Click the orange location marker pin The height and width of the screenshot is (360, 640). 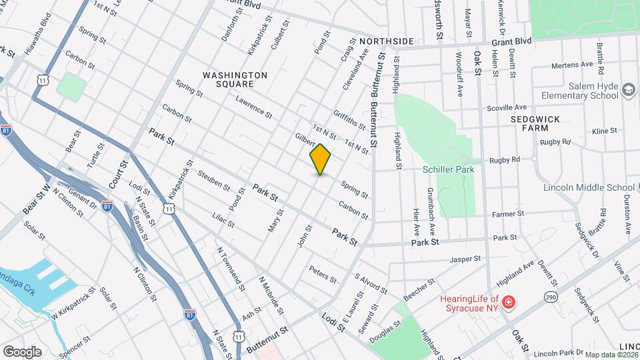321,159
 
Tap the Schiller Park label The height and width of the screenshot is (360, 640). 448,169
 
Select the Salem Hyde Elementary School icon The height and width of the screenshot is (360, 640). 628,90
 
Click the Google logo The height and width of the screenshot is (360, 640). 22,351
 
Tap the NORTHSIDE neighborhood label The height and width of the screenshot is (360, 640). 387,41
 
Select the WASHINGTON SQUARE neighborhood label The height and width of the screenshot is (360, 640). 235,79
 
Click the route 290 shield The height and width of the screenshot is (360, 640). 551,295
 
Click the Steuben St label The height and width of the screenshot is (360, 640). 213,180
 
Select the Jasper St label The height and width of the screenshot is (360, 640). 465,259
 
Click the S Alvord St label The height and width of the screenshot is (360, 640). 371,283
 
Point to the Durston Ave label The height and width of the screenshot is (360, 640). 627,212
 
